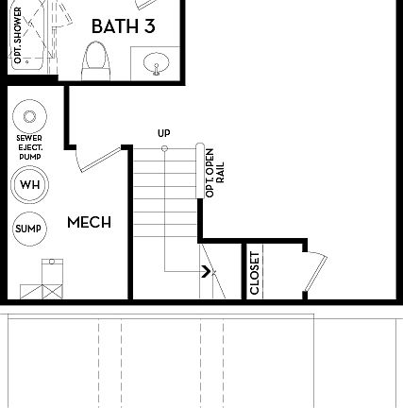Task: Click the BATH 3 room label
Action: click(x=123, y=26)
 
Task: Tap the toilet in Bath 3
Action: click(x=95, y=63)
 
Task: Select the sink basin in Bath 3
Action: click(x=157, y=64)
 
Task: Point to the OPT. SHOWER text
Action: click(x=17, y=35)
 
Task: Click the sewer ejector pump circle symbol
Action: click(x=29, y=117)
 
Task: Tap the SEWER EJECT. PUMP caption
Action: click(x=29, y=147)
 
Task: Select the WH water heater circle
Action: click(x=29, y=184)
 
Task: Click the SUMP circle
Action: click(x=29, y=229)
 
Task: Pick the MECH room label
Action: click(x=89, y=223)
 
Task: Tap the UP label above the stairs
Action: click(x=164, y=134)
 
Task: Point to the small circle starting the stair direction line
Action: click(x=164, y=148)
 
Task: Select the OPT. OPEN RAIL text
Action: click(x=214, y=172)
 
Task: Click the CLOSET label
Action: click(x=255, y=272)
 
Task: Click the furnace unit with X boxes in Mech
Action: click(x=43, y=280)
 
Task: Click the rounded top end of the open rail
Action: click(x=201, y=147)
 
